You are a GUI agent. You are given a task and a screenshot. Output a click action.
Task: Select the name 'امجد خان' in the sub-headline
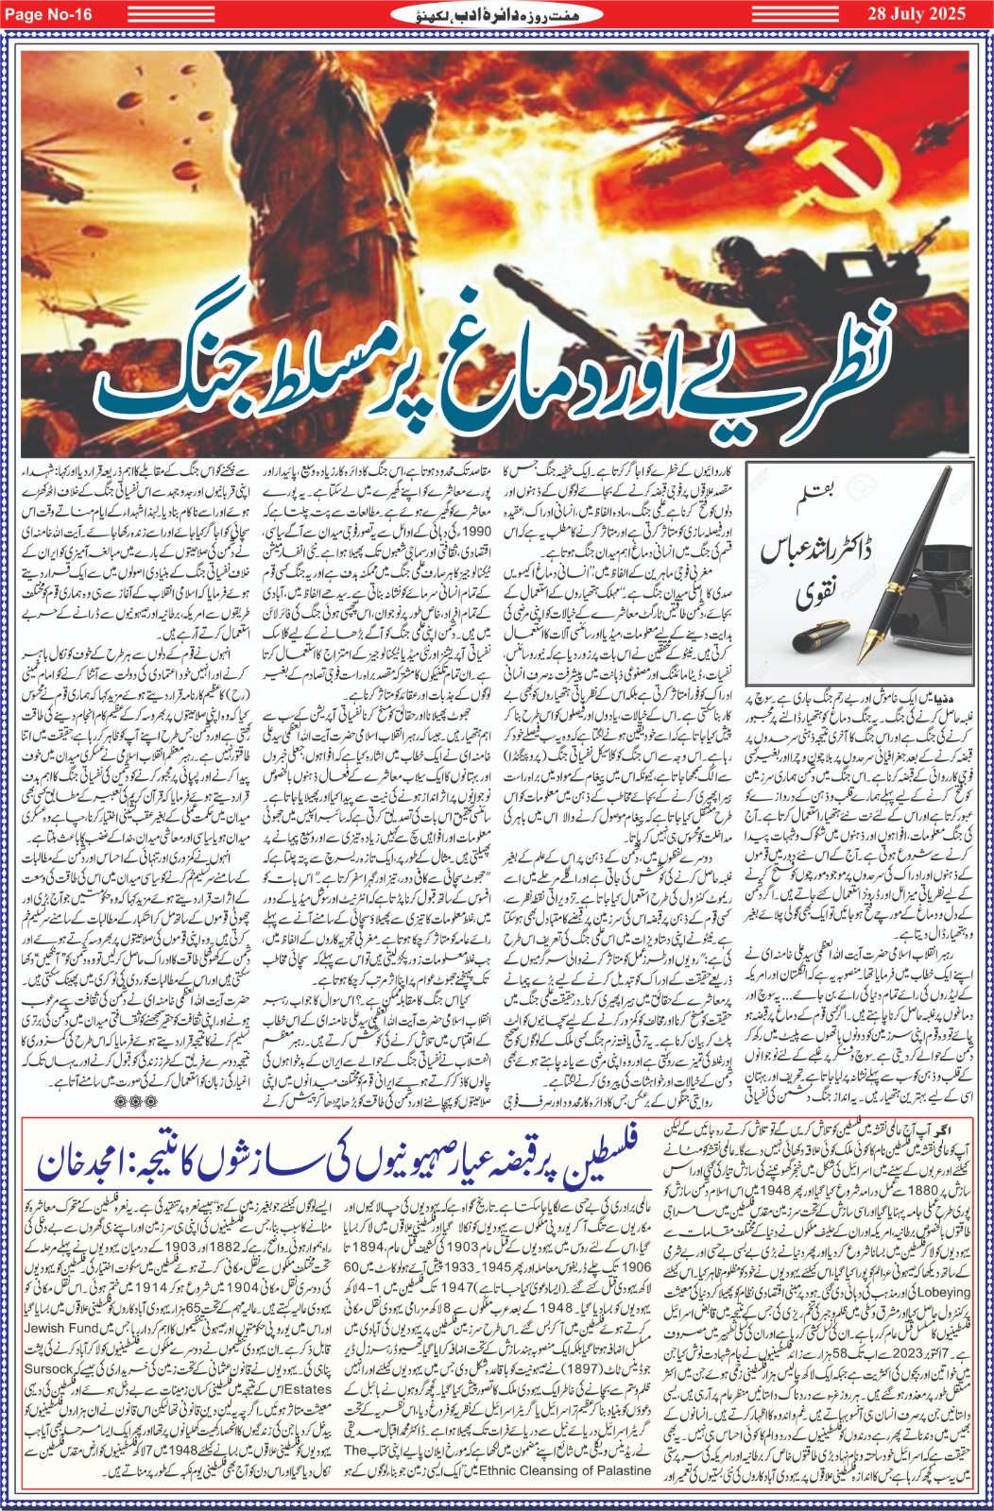87,1163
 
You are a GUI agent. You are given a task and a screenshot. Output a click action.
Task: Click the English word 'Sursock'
48,1368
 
